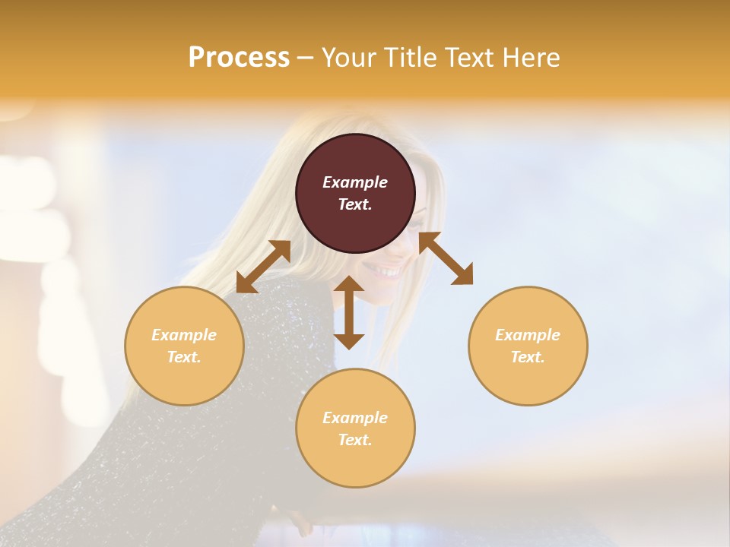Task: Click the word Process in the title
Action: click(x=239, y=57)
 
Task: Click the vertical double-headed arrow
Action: click(x=349, y=312)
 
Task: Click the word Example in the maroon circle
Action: click(x=355, y=182)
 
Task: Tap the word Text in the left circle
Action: click(x=184, y=357)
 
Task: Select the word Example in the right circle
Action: click(x=528, y=335)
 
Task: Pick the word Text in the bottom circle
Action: click(x=355, y=440)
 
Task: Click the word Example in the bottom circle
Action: click(x=355, y=418)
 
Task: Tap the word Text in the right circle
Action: click(x=528, y=357)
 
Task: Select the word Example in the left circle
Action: click(x=184, y=335)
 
